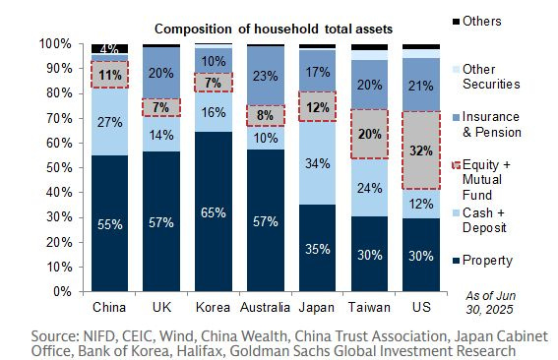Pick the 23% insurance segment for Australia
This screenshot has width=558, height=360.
[265, 75]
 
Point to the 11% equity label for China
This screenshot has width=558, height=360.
[110, 74]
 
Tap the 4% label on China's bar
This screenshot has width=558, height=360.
[110, 48]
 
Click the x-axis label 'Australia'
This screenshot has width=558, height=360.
[265, 306]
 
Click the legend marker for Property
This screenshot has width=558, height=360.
[454, 260]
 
